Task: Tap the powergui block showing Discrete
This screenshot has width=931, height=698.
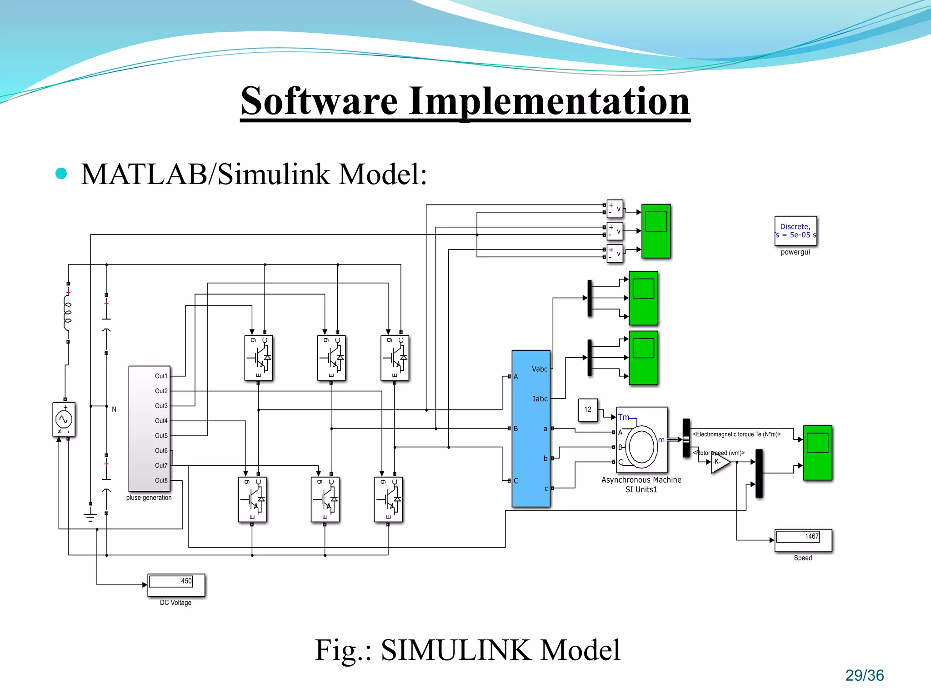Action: pyautogui.click(x=796, y=231)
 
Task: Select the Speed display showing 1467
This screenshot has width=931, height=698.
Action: pyautogui.click(x=803, y=540)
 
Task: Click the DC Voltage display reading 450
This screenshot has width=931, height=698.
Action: pyautogui.click(x=176, y=584)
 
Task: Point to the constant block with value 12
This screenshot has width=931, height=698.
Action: pyautogui.click(x=588, y=409)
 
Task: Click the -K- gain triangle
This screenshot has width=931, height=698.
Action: pyautogui.click(x=720, y=462)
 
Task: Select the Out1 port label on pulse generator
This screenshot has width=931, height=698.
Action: pyautogui.click(x=161, y=376)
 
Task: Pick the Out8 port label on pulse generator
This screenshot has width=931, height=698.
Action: pyautogui.click(x=161, y=480)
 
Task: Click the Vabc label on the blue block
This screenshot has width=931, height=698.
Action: pyautogui.click(x=540, y=369)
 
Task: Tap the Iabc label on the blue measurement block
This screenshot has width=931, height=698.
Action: pyautogui.click(x=540, y=399)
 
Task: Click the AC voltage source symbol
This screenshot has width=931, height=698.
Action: pyautogui.click(x=64, y=419)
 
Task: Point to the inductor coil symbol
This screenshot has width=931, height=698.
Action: pyautogui.click(x=68, y=313)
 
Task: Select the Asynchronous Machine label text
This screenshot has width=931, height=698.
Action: pyautogui.click(x=641, y=480)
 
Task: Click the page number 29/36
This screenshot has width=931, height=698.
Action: pyautogui.click(x=864, y=675)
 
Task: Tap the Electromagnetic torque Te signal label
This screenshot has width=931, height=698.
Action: pyautogui.click(x=736, y=434)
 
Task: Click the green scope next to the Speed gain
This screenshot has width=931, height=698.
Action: pyautogui.click(x=817, y=453)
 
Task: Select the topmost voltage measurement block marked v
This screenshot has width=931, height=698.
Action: pyautogui.click(x=615, y=209)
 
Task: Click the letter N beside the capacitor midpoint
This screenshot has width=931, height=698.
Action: pyautogui.click(x=114, y=409)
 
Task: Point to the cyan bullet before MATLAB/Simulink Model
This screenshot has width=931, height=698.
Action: pyautogui.click(x=61, y=174)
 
